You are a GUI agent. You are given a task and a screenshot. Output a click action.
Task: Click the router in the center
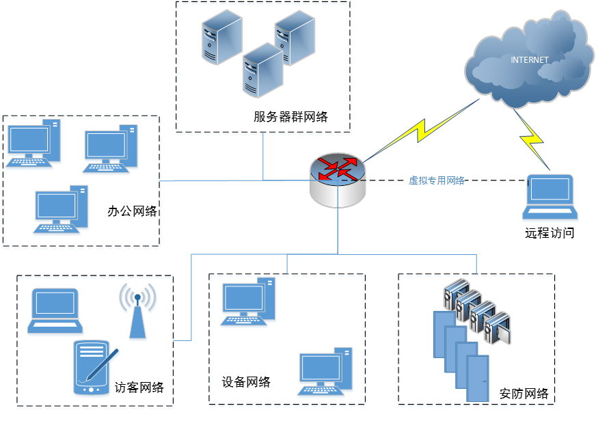(338, 180)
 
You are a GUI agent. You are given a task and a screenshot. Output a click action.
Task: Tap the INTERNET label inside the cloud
(530, 60)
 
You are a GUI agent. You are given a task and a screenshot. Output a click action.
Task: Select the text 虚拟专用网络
(436, 180)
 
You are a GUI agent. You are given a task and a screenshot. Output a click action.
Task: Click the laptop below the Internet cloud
(550, 198)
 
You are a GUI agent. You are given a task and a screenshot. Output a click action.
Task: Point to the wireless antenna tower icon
(138, 312)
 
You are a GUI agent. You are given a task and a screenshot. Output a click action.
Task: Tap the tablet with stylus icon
(94, 368)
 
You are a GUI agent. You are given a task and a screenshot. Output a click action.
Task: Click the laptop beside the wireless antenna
(55, 312)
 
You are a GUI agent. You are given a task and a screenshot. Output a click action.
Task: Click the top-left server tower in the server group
(221, 37)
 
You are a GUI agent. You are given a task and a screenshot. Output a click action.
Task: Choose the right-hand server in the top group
(295, 38)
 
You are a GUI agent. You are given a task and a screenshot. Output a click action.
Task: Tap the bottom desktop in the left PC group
(61, 210)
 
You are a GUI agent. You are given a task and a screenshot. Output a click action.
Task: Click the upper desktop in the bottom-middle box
(248, 302)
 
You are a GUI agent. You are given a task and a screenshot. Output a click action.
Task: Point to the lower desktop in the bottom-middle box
(325, 373)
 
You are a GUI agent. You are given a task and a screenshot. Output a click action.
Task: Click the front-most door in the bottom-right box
(478, 378)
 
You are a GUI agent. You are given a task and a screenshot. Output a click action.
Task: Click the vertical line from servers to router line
(263, 157)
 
